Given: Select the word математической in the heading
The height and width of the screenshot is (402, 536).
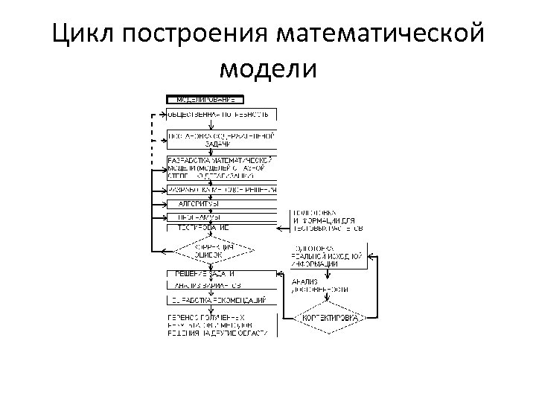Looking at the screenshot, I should point(379,35).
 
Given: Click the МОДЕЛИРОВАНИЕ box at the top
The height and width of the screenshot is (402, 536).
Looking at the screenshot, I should point(205,99).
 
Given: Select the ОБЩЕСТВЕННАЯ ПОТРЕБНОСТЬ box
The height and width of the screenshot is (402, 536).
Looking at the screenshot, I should point(221,114).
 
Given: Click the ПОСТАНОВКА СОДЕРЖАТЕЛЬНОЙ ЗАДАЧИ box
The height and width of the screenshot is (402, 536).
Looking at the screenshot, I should point(221,139).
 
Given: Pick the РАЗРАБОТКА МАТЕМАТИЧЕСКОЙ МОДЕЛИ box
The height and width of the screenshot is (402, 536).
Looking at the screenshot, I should point(221,168).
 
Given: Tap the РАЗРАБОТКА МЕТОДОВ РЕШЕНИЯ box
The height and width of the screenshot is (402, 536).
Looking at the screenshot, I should point(221,190).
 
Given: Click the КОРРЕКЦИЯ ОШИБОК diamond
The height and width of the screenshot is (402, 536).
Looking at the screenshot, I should point(213,250).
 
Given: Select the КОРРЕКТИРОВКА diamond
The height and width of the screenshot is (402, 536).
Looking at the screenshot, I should point(328,318).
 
